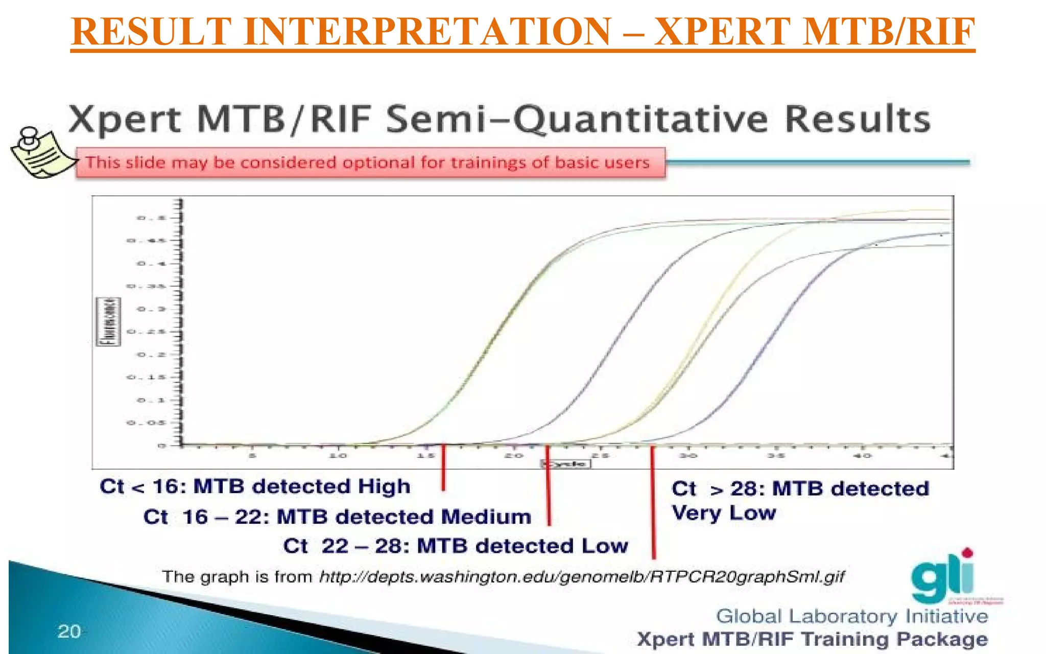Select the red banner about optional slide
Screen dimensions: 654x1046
tap(370, 162)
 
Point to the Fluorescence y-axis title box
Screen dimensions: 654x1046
tap(108, 322)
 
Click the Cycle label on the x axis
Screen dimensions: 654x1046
tap(566, 464)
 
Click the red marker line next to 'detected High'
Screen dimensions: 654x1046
tap(443, 468)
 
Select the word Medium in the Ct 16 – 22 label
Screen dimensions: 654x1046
tap(486, 517)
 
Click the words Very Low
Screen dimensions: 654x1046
tap(723, 513)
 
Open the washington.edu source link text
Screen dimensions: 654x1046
tap(582, 577)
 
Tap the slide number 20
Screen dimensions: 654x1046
tap(69, 632)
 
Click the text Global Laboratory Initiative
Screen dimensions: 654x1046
tap(851, 616)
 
